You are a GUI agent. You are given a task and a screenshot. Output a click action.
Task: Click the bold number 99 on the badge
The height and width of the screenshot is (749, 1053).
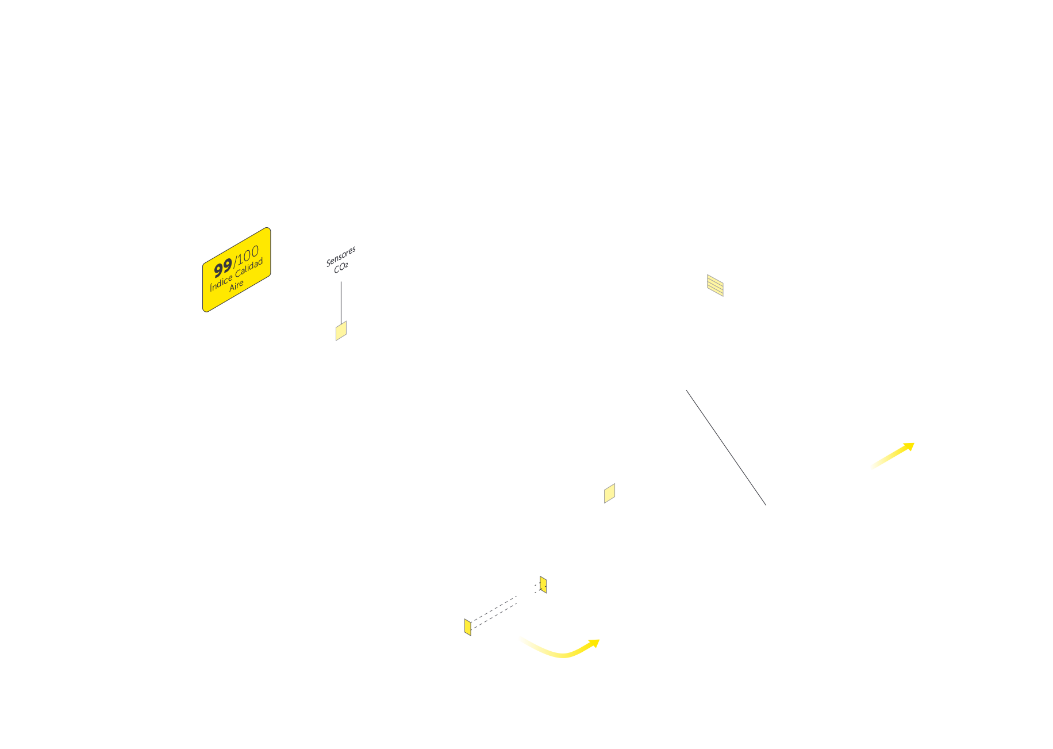pos(223,267)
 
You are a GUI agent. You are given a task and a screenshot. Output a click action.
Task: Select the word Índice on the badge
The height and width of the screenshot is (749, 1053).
pos(221,282)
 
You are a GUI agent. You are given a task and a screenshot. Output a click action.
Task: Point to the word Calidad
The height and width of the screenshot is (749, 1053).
pos(249,267)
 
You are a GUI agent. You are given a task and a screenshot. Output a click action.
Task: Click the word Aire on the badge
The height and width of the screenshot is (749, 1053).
pos(236,285)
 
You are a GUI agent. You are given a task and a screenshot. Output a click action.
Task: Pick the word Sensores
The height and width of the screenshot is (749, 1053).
pos(341,257)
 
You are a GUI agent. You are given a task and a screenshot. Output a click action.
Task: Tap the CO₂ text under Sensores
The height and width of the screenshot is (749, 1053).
pos(341,267)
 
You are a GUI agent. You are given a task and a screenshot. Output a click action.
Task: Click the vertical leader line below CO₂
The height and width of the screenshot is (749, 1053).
pos(341,302)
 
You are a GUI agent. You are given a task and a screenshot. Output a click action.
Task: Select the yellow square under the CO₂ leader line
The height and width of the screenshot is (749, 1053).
pos(341,331)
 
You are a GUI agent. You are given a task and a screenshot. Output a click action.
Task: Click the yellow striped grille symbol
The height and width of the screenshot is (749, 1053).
pos(715,285)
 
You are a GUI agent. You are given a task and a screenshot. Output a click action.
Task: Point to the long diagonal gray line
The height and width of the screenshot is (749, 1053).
pos(726,448)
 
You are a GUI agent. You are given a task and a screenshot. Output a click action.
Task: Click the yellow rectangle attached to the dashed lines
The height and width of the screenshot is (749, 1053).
pos(467,626)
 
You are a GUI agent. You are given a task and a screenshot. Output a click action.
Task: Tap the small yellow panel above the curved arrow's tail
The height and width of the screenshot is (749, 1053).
pos(543,584)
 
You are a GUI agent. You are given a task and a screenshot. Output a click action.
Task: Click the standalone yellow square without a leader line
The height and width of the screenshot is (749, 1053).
pos(609,493)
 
